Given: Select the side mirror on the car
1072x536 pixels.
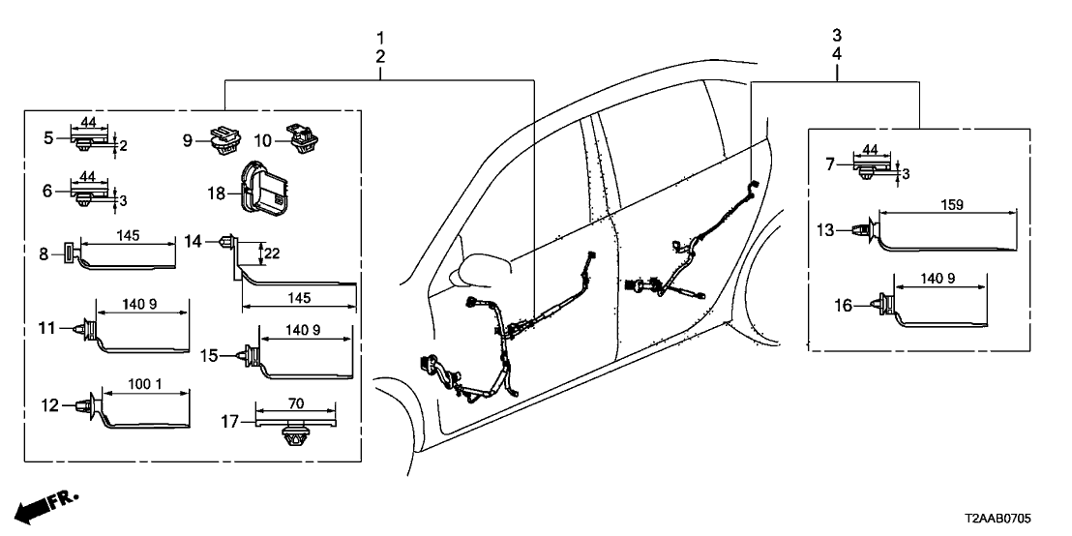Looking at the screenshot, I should (x=478, y=268).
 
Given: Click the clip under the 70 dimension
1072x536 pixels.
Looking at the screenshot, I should (x=296, y=439).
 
